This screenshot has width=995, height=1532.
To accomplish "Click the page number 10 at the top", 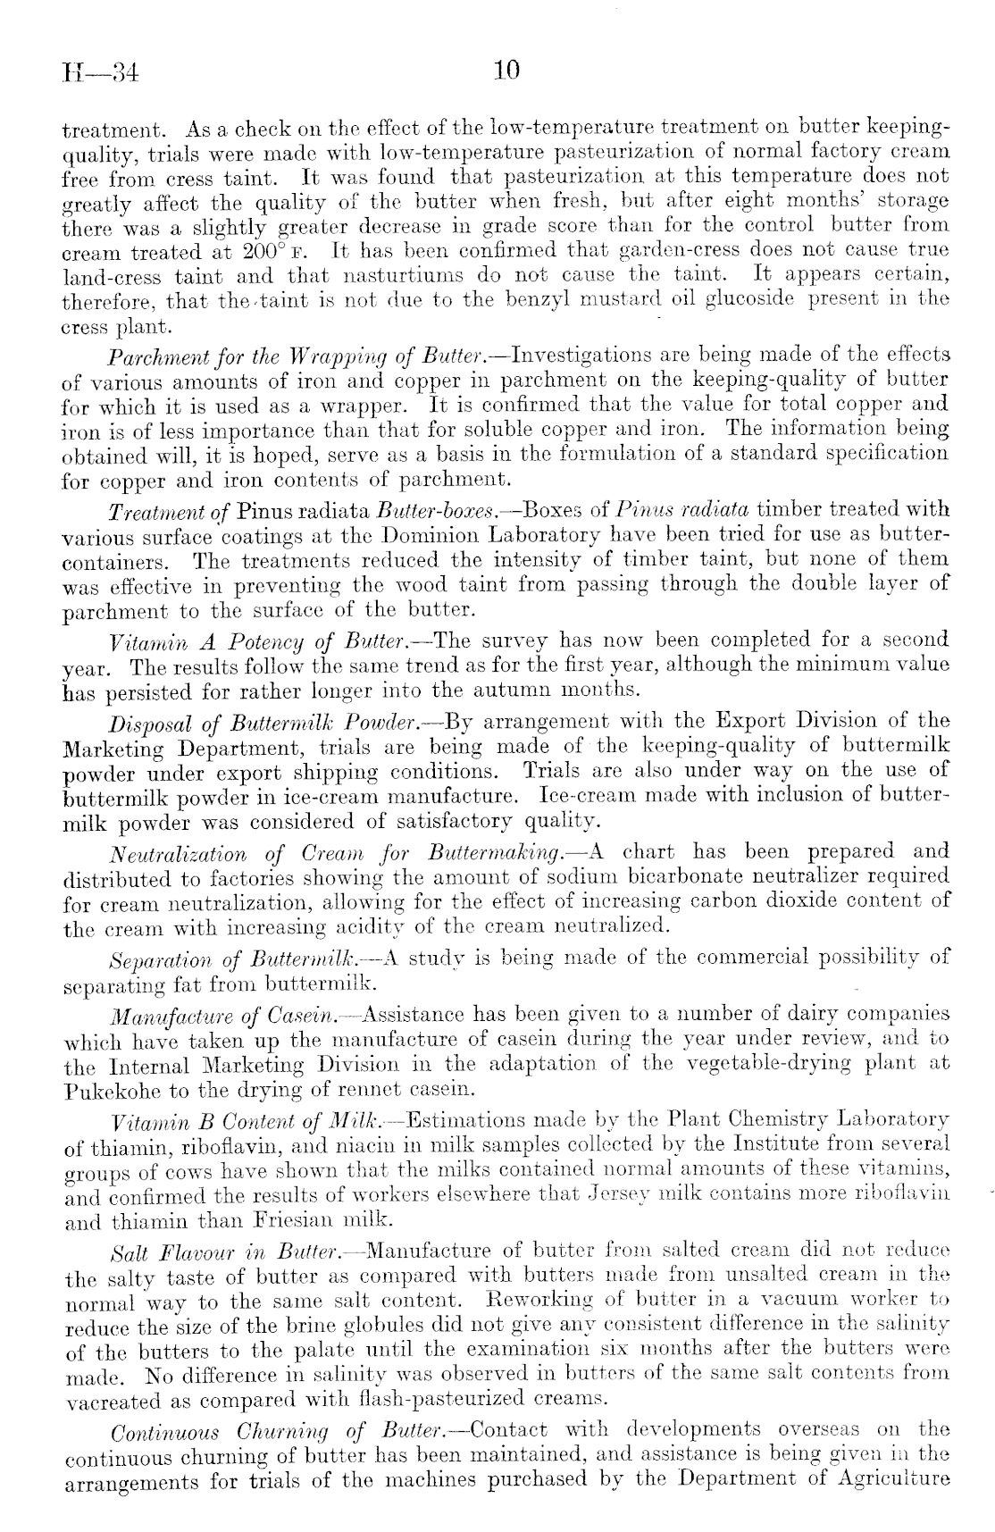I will pos(506,71).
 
